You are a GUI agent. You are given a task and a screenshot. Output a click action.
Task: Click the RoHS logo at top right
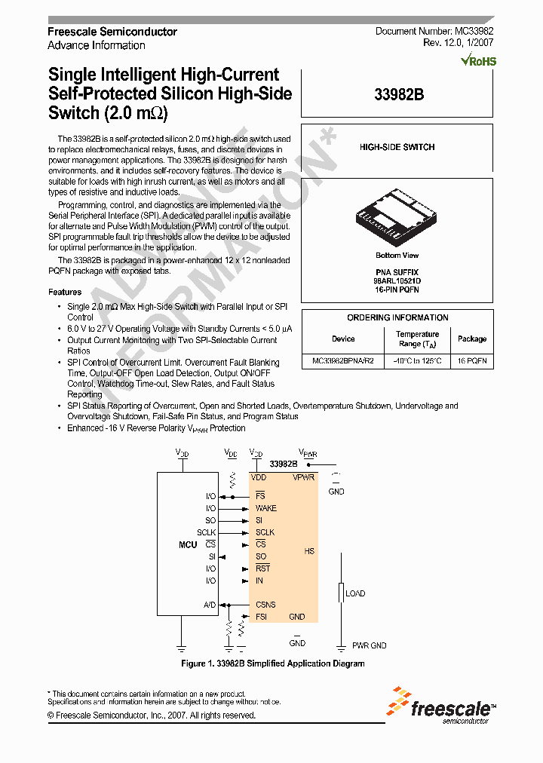[x=479, y=60]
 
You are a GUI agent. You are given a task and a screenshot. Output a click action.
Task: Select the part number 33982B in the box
[x=397, y=95]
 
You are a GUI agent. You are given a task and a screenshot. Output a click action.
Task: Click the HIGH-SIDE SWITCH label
[x=397, y=147]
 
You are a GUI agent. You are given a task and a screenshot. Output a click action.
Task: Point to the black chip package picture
[x=397, y=218]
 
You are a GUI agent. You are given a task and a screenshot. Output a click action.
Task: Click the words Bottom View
[x=397, y=256]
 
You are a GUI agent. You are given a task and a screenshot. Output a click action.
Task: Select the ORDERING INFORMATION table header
[x=397, y=317]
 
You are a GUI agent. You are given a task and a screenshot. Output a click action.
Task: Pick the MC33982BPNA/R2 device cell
[x=342, y=361]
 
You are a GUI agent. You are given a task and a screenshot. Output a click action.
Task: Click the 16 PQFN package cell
[x=472, y=361]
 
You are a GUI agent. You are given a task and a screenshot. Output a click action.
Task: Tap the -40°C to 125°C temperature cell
[x=417, y=361]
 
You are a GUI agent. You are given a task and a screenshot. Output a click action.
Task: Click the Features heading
[x=65, y=292]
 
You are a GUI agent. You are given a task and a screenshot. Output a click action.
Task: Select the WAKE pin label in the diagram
[x=265, y=508]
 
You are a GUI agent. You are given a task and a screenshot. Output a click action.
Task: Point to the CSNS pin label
[x=265, y=605]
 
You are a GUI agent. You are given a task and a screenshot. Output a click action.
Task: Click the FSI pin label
[x=261, y=617]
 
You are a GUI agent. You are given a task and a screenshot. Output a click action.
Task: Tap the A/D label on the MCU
[x=210, y=605]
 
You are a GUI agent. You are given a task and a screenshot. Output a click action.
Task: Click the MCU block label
[x=188, y=544]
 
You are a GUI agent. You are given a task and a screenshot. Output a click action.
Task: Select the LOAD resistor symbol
[x=341, y=594]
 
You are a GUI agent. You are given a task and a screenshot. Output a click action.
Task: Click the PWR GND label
[x=369, y=646]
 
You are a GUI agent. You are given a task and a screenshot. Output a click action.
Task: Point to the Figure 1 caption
[x=273, y=663]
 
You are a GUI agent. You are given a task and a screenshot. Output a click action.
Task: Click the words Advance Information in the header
[x=97, y=45]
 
